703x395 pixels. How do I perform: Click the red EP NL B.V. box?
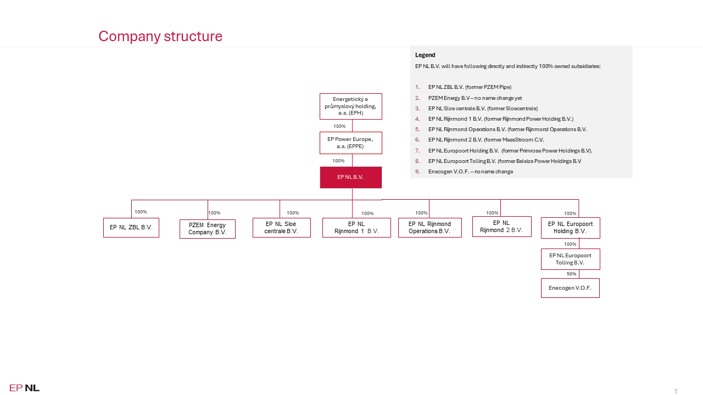[351, 177]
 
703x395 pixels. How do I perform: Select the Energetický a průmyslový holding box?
[351, 106]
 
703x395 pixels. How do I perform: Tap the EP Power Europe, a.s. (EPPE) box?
[351, 143]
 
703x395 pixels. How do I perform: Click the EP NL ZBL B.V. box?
[131, 228]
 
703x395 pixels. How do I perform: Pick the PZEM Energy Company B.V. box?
[208, 229]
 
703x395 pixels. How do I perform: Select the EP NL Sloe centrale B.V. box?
[282, 228]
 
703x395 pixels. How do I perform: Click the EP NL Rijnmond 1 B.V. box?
[356, 228]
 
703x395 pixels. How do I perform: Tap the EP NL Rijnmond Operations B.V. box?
[430, 228]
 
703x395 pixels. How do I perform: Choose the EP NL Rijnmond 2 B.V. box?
[502, 227]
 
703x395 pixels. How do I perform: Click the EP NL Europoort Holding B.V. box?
[571, 228]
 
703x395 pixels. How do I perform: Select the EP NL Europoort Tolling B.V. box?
[571, 259]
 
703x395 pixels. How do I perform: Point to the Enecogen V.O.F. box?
[570, 288]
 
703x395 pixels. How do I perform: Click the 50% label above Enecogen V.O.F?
[571, 274]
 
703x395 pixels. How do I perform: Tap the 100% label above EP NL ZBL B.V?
[141, 212]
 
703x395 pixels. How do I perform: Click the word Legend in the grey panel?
[425, 55]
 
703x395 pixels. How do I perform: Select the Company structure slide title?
[160, 36]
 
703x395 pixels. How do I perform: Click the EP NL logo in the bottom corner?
[25, 388]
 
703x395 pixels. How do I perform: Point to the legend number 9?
[417, 172]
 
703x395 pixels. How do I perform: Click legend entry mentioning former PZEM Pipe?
[470, 87]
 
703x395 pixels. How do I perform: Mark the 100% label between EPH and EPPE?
[339, 126]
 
